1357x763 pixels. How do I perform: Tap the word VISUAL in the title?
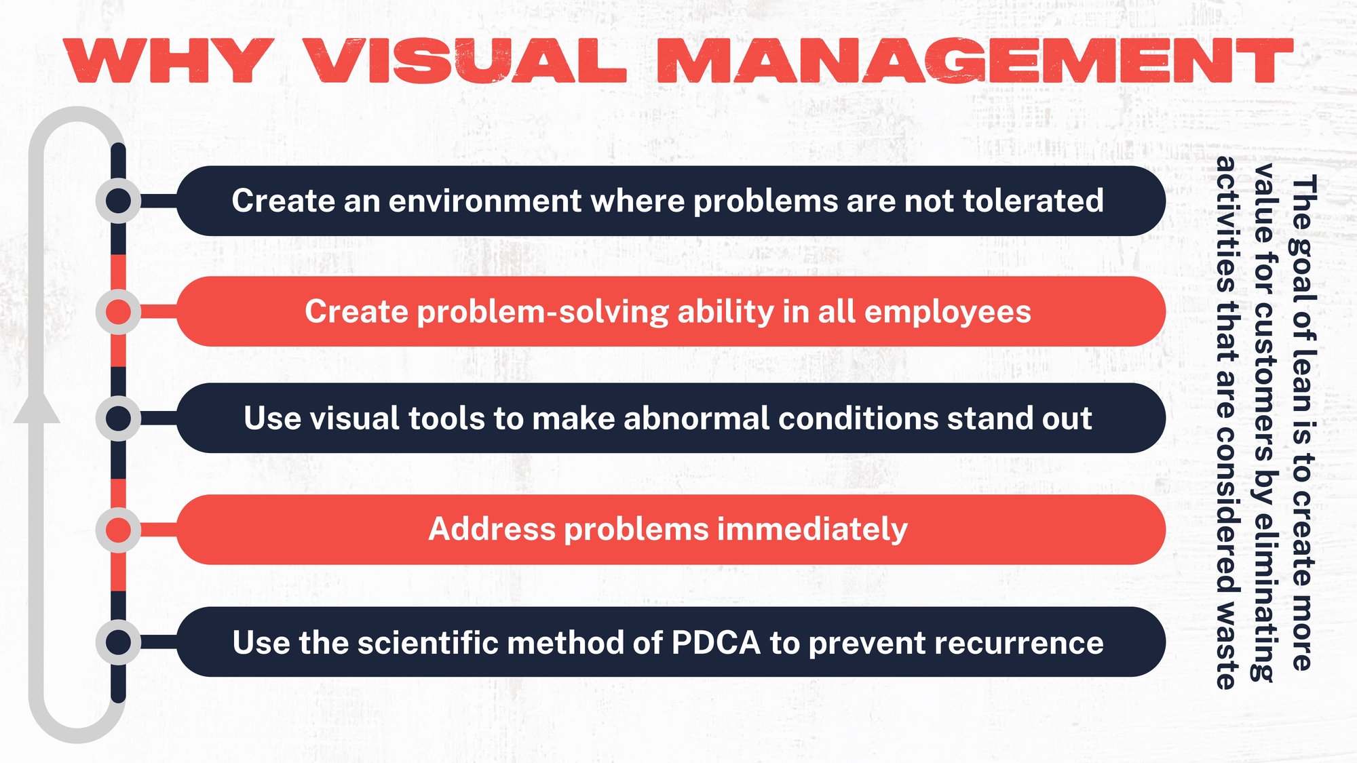[465, 61]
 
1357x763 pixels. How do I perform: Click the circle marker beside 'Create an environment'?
[119, 201]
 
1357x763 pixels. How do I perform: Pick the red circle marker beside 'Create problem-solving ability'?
[119, 312]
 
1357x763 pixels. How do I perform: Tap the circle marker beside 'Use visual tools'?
[119, 418]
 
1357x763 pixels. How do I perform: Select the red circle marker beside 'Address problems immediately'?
[119, 530]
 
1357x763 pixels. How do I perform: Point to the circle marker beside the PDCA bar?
[119, 642]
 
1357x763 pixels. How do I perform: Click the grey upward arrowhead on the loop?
[37, 407]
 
